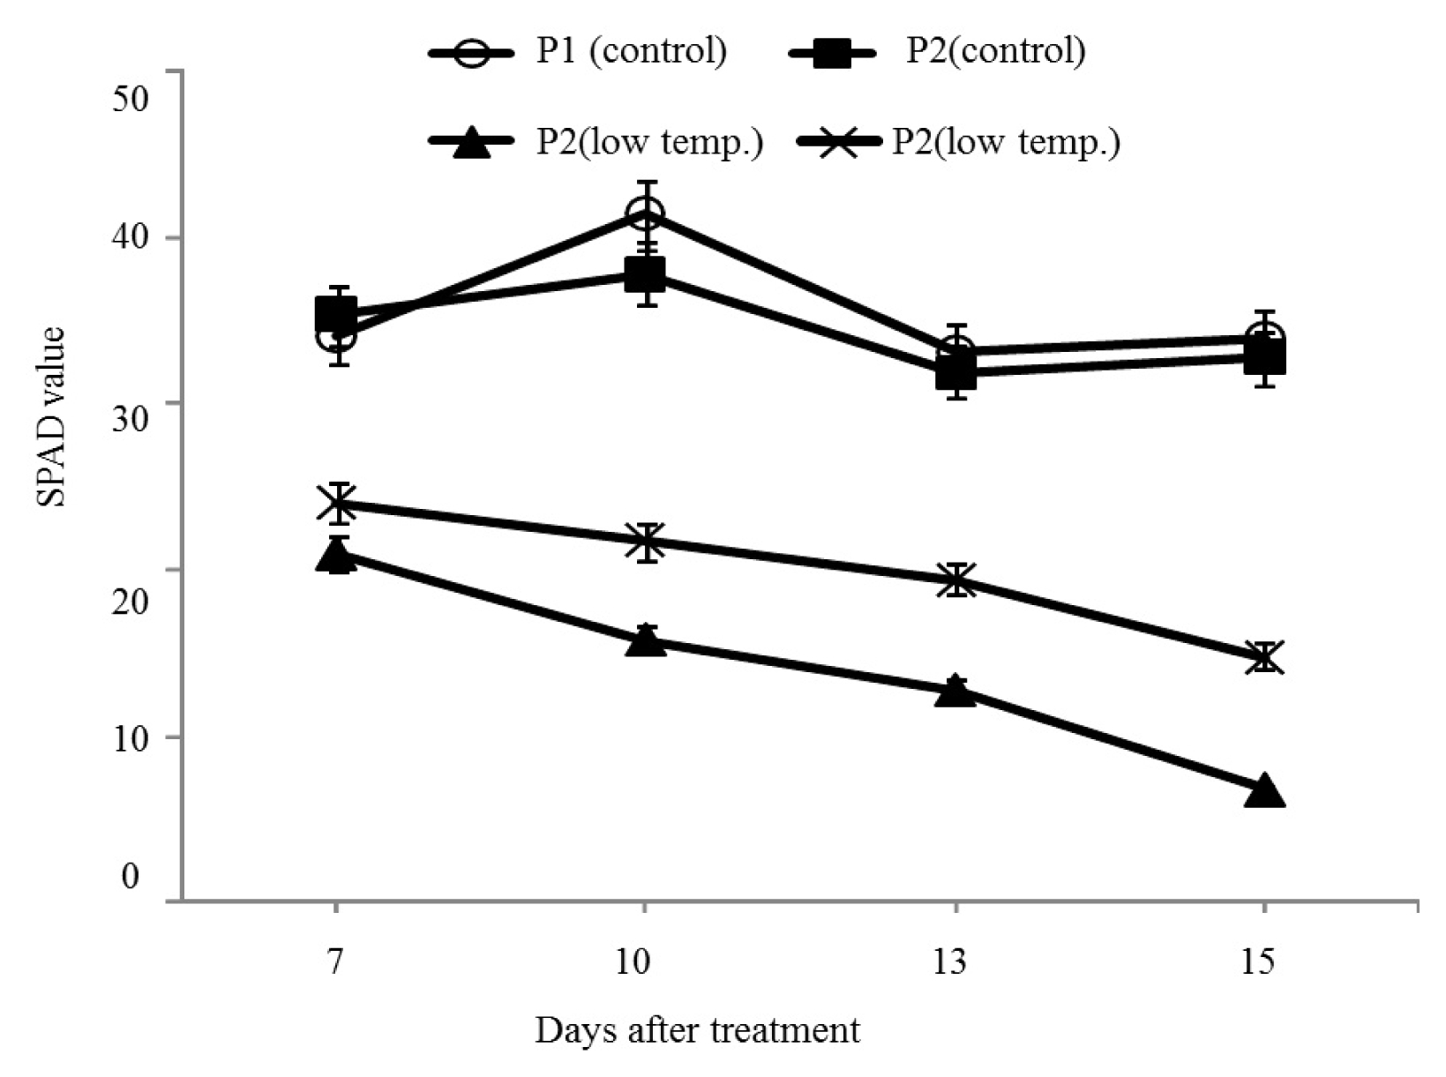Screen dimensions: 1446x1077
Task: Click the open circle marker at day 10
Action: pyautogui.click(x=646, y=213)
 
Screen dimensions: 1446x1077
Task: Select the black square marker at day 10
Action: pyautogui.click(x=646, y=273)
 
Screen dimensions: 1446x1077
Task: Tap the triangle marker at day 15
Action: pyautogui.click(x=1264, y=792)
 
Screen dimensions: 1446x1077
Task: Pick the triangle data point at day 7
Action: pyautogui.click(x=336, y=556)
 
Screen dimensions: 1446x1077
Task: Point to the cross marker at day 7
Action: pyautogui.click(x=336, y=504)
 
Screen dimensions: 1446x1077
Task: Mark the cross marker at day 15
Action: pyautogui.click(x=1264, y=657)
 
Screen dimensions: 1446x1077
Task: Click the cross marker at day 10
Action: pyautogui.click(x=646, y=542)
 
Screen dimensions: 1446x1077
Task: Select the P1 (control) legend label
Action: pyautogui.click(x=631, y=50)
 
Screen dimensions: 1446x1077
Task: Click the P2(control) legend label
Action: pyautogui.click(x=995, y=50)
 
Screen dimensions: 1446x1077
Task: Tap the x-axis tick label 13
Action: pyautogui.click(x=949, y=961)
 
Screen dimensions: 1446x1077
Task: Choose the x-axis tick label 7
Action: pyautogui.click(x=335, y=961)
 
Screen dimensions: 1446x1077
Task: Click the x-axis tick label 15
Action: pyautogui.click(x=1258, y=961)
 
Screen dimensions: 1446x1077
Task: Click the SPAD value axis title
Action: pyautogui.click(x=51, y=416)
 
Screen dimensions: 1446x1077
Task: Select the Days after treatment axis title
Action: pyautogui.click(x=698, y=1031)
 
